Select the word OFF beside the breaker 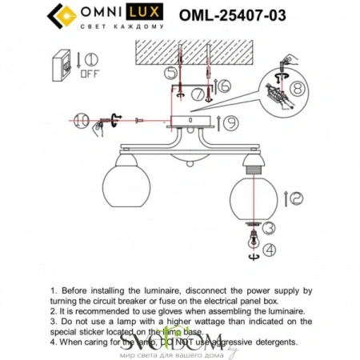[89, 72]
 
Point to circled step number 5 [170, 74]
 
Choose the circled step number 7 [198, 94]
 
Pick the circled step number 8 [296, 90]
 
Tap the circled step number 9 [229, 123]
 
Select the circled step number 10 [81, 121]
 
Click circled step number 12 [294, 196]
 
